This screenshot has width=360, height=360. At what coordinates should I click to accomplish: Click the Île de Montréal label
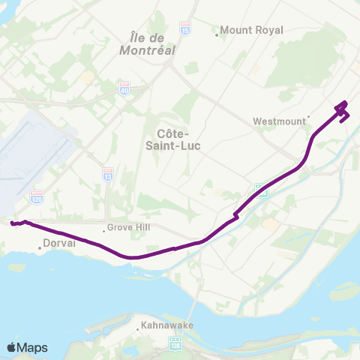pyautogui.click(x=147, y=44)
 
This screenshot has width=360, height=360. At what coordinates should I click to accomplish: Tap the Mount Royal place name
pyautogui.click(x=251, y=30)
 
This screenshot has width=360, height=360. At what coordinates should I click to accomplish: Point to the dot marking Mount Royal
pyautogui.click(x=217, y=34)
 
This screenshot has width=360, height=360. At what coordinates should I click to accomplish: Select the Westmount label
pyautogui.click(x=280, y=121)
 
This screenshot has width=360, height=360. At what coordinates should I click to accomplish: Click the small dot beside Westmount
pyautogui.click(x=309, y=117)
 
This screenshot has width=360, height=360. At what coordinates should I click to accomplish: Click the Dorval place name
pyautogui.click(x=55, y=244)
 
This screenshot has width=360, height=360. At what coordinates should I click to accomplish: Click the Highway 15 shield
pyautogui.click(x=185, y=28)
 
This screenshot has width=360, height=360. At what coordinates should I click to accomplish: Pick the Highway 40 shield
pyautogui.click(x=124, y=88)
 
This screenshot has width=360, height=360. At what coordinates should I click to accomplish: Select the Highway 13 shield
pyautogui.click(x=108, y=173)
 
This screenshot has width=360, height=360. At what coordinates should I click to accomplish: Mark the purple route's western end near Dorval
pyautogui.click(x=12, y=223)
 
